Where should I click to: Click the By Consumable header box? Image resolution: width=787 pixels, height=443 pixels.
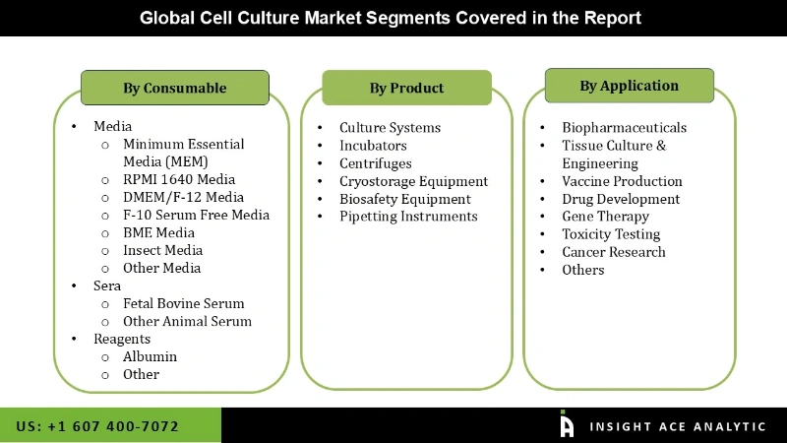pyautogui.click(x=174, y=88)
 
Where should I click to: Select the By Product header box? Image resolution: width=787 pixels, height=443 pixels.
pyautogui.click(x=406, y=88)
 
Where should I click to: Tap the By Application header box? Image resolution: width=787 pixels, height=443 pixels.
pyautogui.click(x=629, y=86)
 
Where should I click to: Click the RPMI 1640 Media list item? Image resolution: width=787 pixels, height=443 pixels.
pyautogui.click(x=179, y=179)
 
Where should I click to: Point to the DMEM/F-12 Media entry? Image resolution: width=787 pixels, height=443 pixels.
pyautogui.click(x=183, y=197)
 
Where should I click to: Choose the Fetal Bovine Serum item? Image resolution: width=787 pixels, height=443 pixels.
pyautogui.click(x=183, y=303)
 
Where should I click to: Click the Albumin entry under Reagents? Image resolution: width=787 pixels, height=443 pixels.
pyautogui.click(x=150, y=356)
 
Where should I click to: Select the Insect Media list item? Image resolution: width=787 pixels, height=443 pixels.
pyautogui.click(x=162, y=250)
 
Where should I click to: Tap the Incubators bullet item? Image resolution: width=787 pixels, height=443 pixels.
pyautogui.click(x=373, y=146)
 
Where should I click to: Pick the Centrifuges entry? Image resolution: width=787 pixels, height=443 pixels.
pyautogui.click(x=376, y=163)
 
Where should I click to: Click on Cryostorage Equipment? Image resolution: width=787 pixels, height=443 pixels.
pyautogui.click(x=413, y=181)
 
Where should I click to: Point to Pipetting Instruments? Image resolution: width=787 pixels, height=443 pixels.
pyautogui.click(x=408, y=217)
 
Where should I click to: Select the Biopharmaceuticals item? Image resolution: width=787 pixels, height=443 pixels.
pyautogui.click(x=624, y=128)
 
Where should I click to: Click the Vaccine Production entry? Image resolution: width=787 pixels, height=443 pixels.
pyautogui.click(x=622, y=181)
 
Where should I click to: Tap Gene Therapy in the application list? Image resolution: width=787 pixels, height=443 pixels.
pyautogui.click(x=605, y=217)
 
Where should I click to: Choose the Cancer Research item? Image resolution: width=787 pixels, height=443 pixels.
pyautogui.click(x=613, y=252)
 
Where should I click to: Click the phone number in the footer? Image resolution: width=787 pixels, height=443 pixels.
pyautogui.click(x=97, y=426)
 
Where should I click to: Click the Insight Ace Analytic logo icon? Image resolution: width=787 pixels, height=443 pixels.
pyautogui.click(x=567, y=424)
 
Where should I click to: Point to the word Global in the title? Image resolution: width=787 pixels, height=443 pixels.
pyautogui.click(x=166, y=18)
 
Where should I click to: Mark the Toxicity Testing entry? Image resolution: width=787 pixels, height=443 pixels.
pyautogui.click(x=611, y=234)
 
